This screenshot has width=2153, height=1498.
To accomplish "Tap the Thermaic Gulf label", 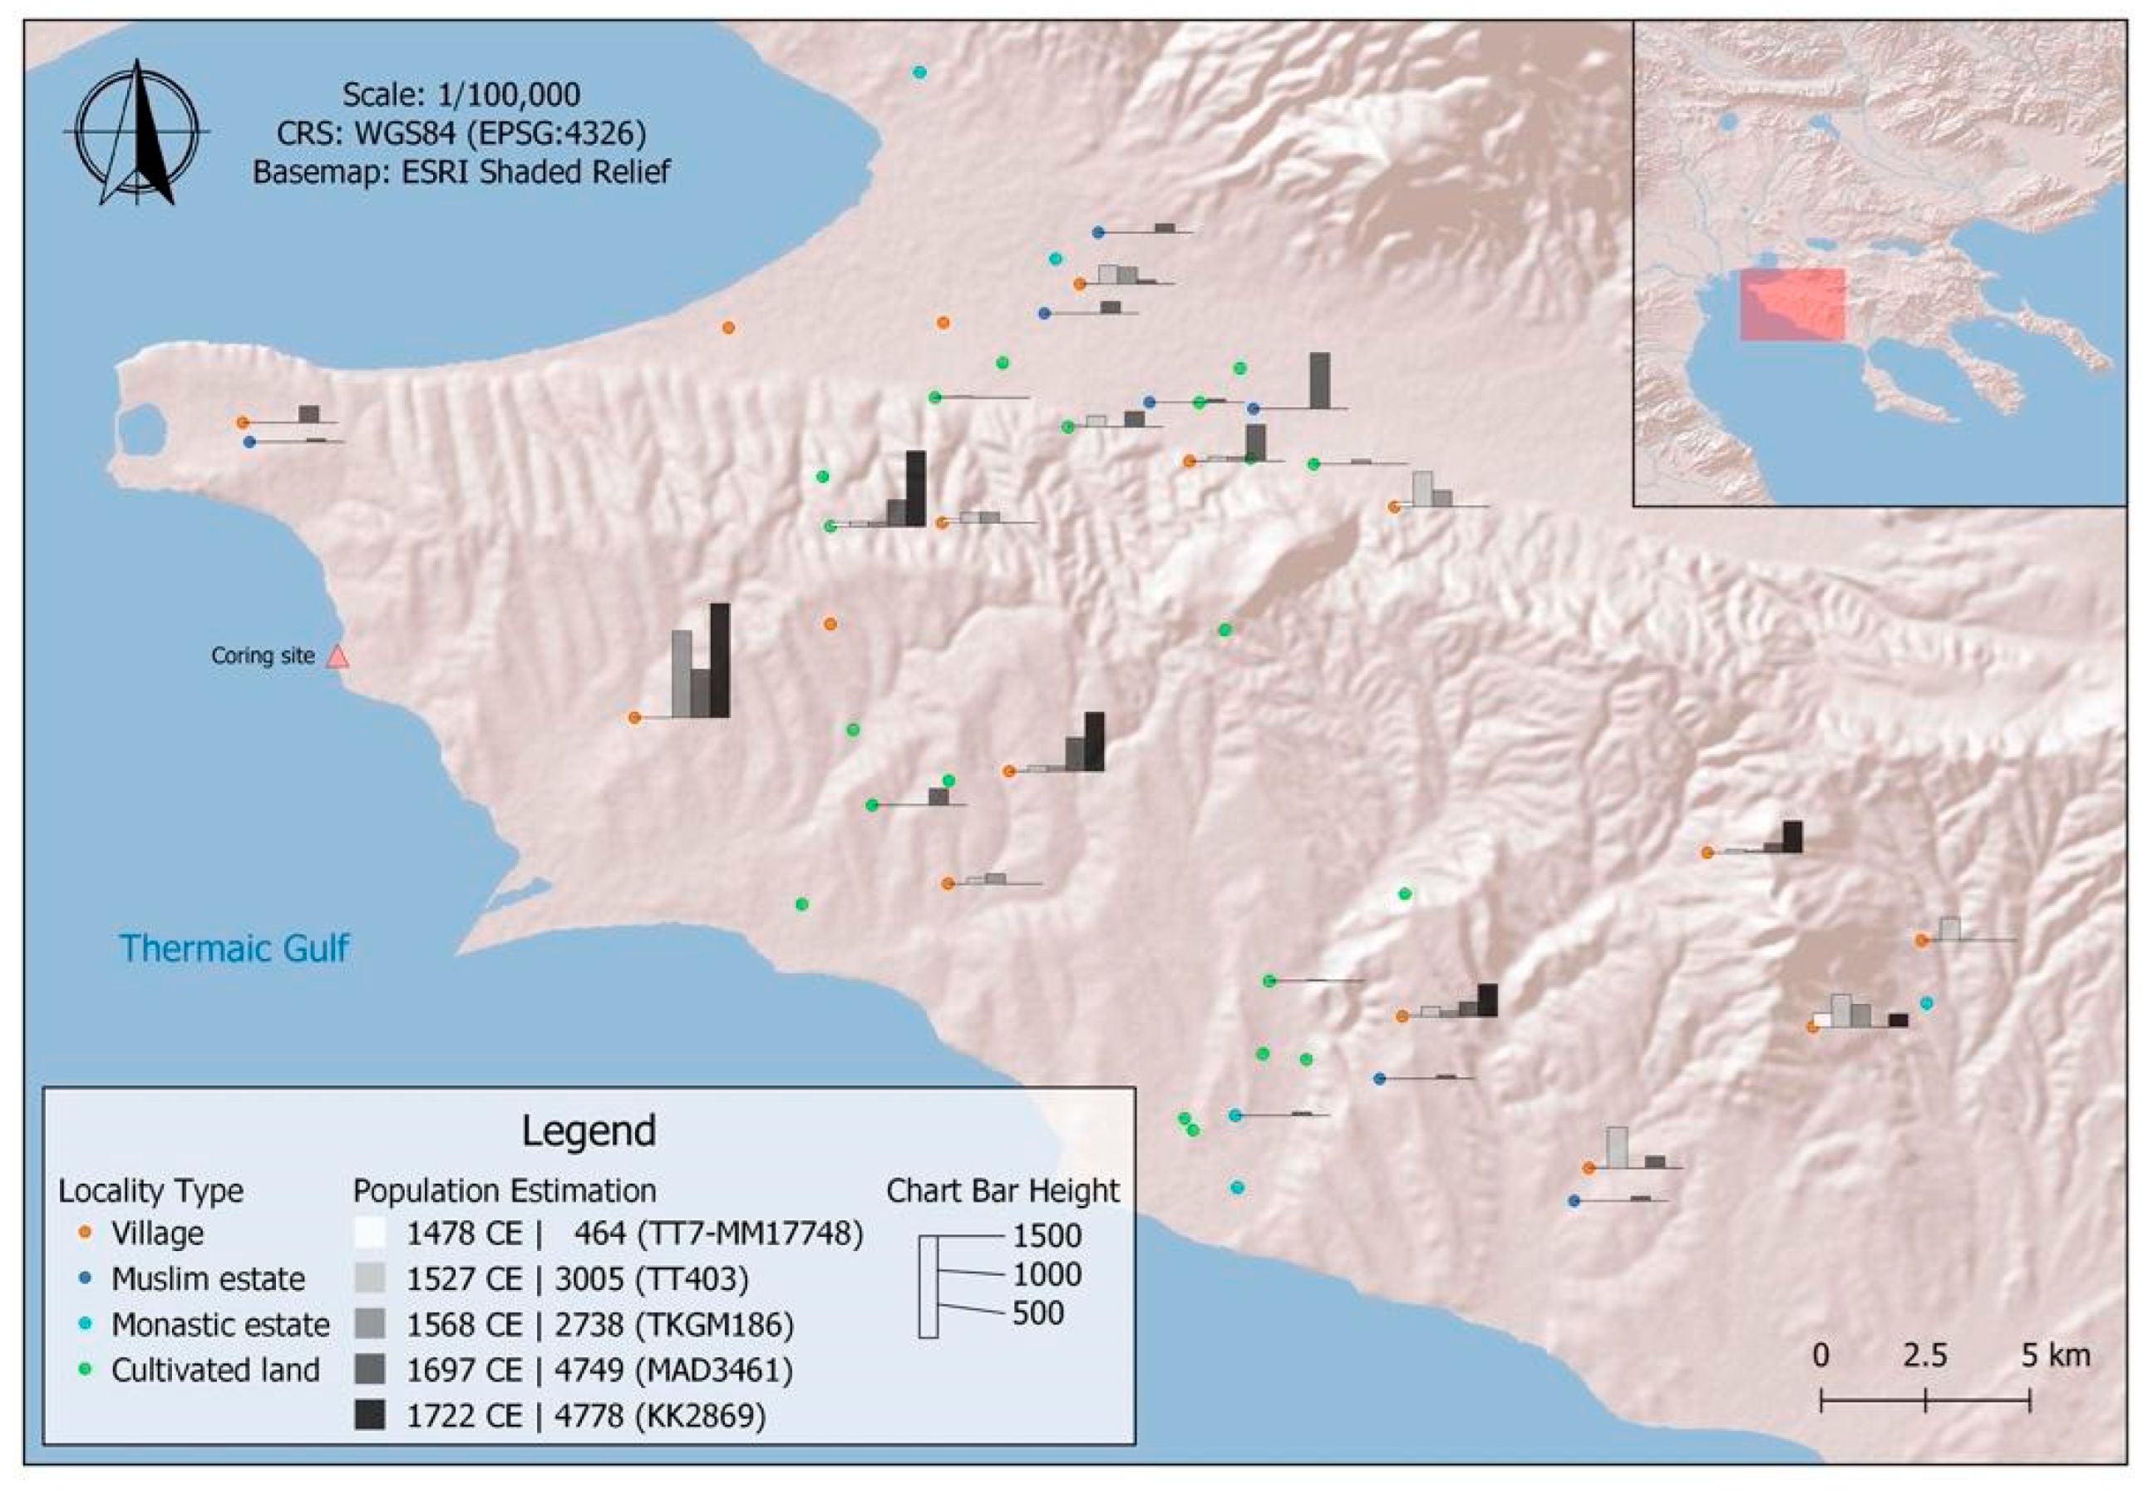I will [x=234, y=948].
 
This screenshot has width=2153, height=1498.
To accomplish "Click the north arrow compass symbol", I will [x=137, y=131].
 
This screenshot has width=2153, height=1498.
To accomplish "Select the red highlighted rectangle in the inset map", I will [x=1792, y=305].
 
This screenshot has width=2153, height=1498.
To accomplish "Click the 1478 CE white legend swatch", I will [x=369, y=1233].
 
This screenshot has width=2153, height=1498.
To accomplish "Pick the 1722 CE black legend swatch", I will [x=369, y=1415].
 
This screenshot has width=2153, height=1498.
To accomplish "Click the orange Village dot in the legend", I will [x=86, y=1233].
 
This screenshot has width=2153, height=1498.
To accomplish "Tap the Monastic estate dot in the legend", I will [x=86, y=1324].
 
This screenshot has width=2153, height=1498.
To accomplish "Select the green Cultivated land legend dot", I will [x=86, y=1369].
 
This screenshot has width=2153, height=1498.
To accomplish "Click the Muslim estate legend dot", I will [x=86, y=1278].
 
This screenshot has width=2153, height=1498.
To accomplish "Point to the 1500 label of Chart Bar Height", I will [x=1047, y=1236].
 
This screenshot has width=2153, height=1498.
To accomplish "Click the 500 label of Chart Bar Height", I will [x=1038, y=1313].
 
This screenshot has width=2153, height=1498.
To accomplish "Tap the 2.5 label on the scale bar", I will [x=1924, y=1357].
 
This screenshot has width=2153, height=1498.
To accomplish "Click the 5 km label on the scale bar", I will [x=2056, y=1357].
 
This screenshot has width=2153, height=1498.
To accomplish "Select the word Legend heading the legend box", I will [x=588, y=1131].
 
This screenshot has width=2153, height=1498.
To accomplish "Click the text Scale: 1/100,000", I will [x=461, y=95].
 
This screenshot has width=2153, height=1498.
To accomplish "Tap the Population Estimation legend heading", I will [x=505, y=1190].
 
